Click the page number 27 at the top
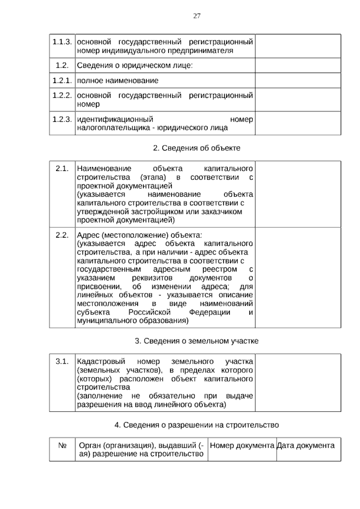coord(197,16)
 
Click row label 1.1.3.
coord(62,42)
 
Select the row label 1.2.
coord(62,65)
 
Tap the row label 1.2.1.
coord(62,80)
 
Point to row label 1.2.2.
coord(62,95)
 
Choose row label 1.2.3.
coord(62,119)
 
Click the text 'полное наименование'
coord(118,80)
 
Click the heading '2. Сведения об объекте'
coord(196,148)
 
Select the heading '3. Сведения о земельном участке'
coord(196,341)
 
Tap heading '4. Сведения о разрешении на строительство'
coord(196,425)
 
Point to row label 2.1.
coord(62,168)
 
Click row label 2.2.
coord(62,235)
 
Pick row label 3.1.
coord(62,361)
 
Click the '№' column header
coord(62,445)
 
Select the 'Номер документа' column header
coord(242,445)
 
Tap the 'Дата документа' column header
coord(305,445)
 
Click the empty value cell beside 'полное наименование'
coord(298,80)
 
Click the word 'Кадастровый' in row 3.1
coord(101,361)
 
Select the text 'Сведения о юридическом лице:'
coord(135,65)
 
